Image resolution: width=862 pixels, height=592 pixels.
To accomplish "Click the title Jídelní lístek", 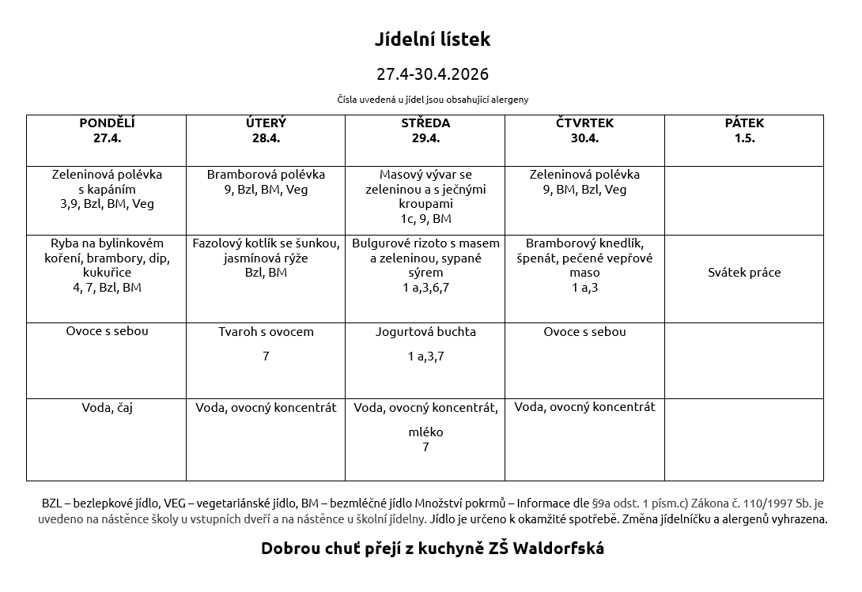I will pos(432,40).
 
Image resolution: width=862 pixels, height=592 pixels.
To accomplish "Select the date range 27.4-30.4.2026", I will pos(432,74).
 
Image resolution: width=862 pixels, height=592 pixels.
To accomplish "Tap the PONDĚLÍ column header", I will pos(107,130).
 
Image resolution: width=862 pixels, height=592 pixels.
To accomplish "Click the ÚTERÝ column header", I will pos(266,130).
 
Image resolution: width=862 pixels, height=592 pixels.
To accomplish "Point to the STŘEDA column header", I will pos(425,130).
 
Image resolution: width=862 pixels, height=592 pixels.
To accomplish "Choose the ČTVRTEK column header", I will pos(584,130).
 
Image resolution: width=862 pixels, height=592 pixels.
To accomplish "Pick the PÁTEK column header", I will pos(744,130).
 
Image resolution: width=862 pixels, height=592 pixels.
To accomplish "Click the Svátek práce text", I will pos(744,273).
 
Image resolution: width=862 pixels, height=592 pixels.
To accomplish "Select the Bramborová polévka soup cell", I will pos(266,182).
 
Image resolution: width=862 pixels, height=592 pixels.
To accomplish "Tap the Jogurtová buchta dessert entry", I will pos(425,332).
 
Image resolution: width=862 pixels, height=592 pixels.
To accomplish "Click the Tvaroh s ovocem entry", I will pos(266,332).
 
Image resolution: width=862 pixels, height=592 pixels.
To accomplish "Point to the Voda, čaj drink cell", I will pos(107,408).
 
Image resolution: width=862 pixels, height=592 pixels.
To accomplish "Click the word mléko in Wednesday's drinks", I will pos(425,432).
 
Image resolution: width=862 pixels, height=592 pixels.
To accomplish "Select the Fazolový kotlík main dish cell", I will pos(266,258).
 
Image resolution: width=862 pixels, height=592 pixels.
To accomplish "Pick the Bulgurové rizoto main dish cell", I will pos(425,265).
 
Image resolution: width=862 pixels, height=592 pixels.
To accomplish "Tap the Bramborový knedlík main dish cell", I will pos(584,265).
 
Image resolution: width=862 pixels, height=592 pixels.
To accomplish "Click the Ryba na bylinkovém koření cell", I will pos(107,265).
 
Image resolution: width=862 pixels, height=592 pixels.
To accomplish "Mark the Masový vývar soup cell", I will pos(425,196).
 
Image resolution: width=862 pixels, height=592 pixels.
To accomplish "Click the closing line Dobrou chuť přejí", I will pos(432,549).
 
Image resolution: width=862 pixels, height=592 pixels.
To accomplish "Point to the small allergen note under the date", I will pos(432,100).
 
